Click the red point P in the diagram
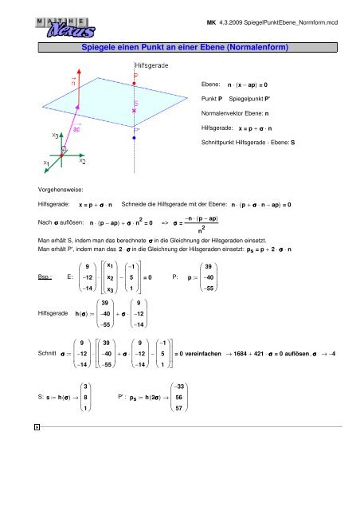click(x=135, y=82)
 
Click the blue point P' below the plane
click(x=135, y=137)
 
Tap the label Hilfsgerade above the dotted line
click(x=151, y=64)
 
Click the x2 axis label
click(x=83, y=160)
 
